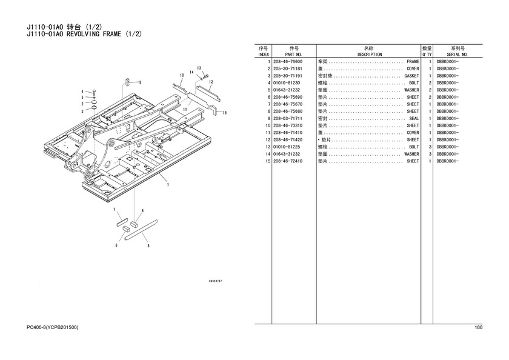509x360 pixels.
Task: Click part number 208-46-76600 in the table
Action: (288, 62)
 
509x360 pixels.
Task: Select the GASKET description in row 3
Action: (411, 76)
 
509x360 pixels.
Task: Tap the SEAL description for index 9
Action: (414, 119)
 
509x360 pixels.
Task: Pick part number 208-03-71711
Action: (288, 119)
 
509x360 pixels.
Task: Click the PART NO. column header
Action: (294, 55)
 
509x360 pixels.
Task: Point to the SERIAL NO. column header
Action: (457, 55)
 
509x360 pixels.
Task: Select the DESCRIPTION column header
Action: (370, 55)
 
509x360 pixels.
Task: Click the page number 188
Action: (479, 327)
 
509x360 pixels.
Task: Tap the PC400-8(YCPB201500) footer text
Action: (52, 327)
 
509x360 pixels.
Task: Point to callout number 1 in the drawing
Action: (168, 185)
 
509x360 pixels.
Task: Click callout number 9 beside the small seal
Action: (140, 82)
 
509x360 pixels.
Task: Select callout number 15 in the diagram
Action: (225, 113)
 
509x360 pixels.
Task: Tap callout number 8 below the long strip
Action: (148, 245)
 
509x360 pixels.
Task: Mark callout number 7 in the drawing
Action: (115, 210)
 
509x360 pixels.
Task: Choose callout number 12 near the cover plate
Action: (211, 82)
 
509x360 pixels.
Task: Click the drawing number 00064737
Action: (215, 281)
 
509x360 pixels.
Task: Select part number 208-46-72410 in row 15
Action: (288, 161)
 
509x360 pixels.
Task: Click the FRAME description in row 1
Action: (413, 62)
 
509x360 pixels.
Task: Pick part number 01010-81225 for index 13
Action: (287, 147)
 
